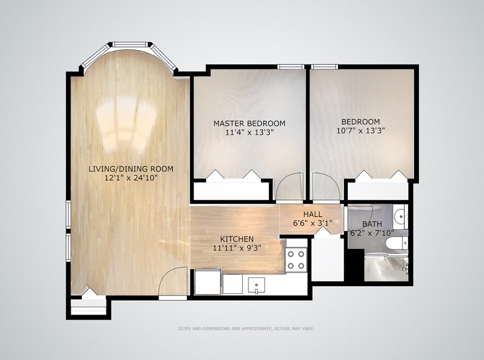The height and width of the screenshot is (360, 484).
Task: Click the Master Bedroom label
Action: [x=249, y=124]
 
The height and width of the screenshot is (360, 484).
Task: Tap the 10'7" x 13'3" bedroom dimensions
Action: [x=360, y=131]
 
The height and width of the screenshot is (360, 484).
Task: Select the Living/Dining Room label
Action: [x=131, y=169]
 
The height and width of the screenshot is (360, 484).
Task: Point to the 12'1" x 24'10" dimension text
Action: [x=131, y=177]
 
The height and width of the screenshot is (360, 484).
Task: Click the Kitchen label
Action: [x=237, y=239]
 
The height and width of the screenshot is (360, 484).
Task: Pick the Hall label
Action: [x=313, y=214]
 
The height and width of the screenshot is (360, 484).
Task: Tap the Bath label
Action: [x=372, y=224]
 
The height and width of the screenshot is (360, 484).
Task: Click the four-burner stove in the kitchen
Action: [x=296, y=259]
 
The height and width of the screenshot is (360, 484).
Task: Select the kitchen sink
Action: [x=256, y=285]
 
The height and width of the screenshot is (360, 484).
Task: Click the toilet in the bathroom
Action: [x=396, y=243]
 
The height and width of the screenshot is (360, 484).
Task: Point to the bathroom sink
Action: [x=400, y=216]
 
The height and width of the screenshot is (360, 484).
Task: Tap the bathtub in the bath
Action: [x=387, y=268]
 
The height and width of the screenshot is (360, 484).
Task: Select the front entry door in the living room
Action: [x=173, y=282]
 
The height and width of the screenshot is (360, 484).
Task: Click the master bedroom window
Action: [x=290, y=66]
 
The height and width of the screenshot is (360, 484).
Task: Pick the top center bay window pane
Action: [x=131, y=45]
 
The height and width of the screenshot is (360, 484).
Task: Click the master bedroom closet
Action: [x=231, y=191]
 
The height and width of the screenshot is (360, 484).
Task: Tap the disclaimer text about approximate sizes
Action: [x=246, y=328]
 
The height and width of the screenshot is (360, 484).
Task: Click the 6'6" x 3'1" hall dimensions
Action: [x=313, y=223]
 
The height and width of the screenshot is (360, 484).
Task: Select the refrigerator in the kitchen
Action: [x=208, y=282]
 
